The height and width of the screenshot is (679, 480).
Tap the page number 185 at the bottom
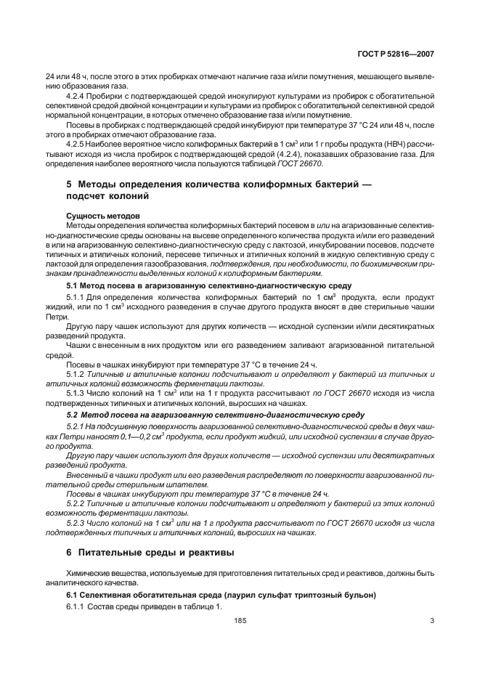tap(240, 621)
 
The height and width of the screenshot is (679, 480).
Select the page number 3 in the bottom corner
tap(432, 621)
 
